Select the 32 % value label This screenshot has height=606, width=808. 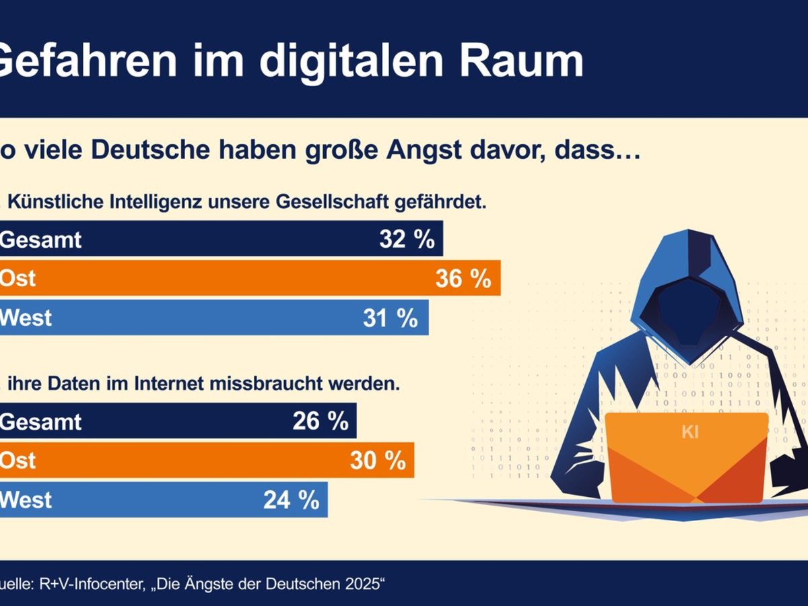point(407,239)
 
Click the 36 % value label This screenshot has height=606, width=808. point(463,278)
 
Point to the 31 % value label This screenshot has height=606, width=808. point(391,318)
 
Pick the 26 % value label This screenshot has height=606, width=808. point(321,422)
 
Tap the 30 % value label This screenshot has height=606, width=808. point(378,461)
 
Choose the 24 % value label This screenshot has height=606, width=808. point(292,500)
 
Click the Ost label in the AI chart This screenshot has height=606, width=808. point(18,278)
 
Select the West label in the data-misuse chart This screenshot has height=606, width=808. point(26,500)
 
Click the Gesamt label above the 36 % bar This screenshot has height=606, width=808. point(40,239)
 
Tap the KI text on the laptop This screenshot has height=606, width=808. point(690,432)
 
